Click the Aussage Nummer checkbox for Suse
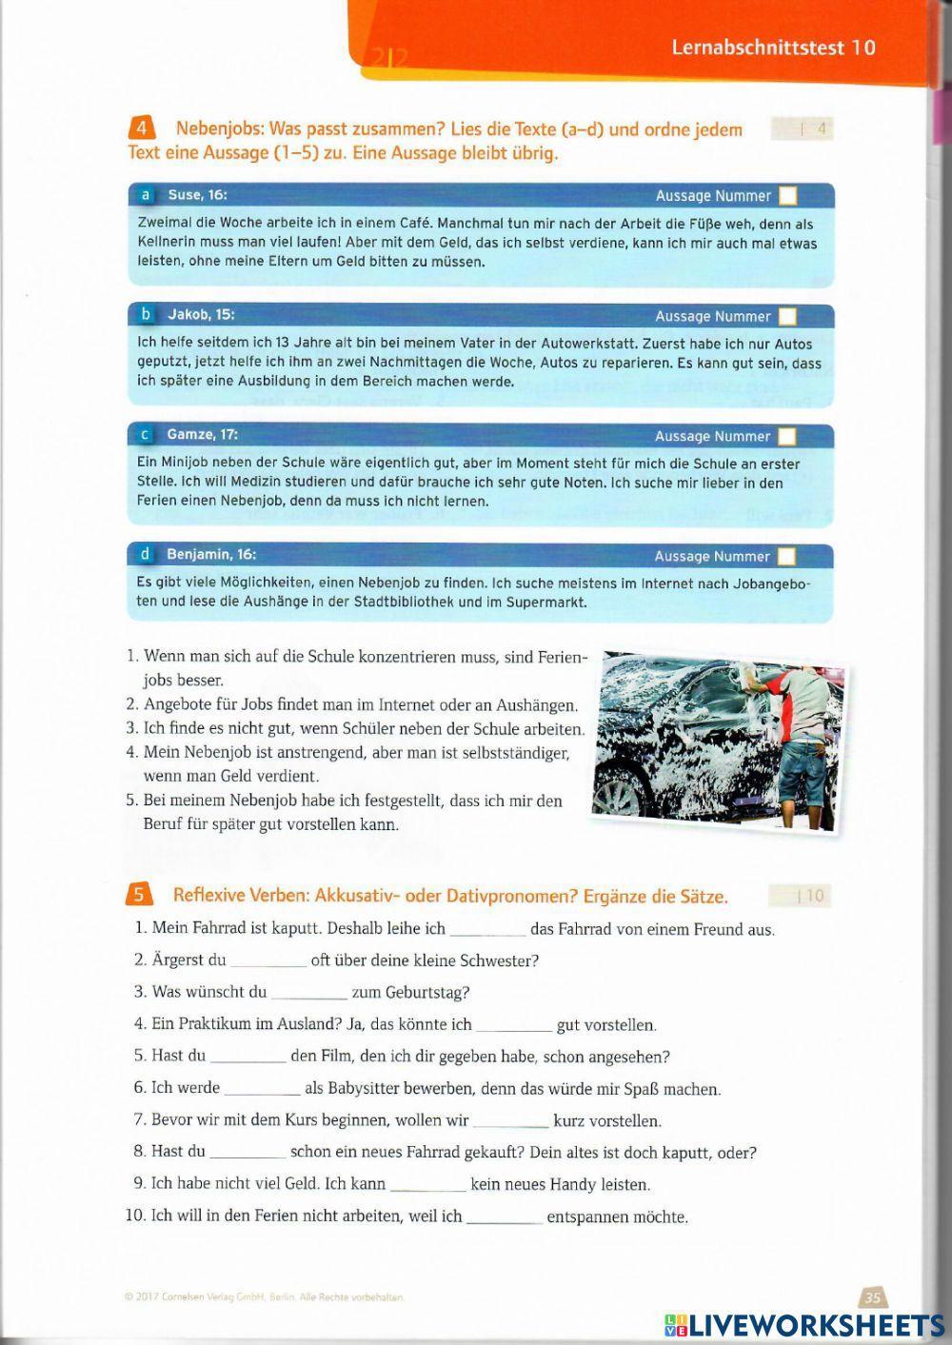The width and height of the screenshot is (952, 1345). coord(788,196)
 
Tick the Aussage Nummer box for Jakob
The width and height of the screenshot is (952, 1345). coord(788,316)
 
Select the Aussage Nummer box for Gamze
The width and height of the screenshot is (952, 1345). coord(787,436)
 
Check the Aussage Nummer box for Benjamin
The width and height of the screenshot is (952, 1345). coord(787,556)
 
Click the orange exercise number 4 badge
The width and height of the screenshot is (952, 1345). coord(139,129)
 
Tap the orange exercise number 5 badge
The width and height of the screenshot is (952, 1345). coord(138,895)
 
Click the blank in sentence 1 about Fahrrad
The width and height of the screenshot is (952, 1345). coord(486,930)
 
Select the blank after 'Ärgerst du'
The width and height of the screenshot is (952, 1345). coord(268,961)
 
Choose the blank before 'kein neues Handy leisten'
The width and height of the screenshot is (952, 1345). coord(428,1186)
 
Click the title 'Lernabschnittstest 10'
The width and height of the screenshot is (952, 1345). coord(773,48)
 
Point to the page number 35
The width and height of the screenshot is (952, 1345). coord(873,1296)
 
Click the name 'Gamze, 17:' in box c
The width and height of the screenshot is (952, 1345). coord(202,435)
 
